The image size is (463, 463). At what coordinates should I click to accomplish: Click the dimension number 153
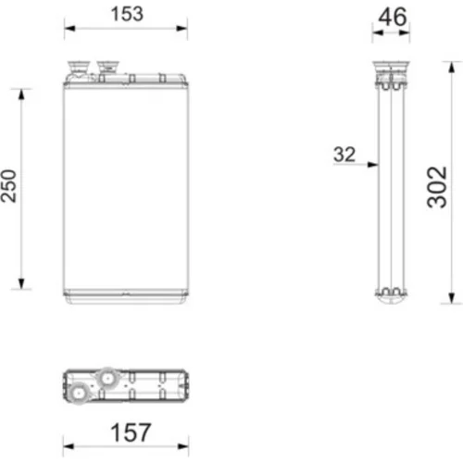127,14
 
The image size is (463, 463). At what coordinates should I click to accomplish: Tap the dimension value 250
8,186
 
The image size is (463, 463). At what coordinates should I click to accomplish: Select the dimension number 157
131,432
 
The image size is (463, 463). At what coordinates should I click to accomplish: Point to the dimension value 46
393,17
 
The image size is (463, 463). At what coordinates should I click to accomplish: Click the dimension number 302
437,187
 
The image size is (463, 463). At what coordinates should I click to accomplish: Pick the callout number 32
344,155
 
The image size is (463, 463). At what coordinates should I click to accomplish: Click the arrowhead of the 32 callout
373,165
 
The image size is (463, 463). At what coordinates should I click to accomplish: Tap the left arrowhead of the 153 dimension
69,29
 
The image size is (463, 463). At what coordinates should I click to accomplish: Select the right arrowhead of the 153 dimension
181,29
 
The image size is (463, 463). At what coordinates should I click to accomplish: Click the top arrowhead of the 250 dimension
21,94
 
